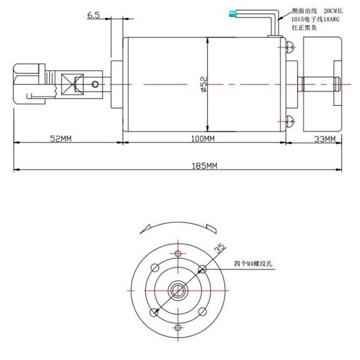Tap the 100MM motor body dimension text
203,139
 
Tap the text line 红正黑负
304,28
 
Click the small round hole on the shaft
95,84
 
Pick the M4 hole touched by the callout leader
202,268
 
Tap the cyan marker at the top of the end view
178,253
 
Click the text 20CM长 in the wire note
334,11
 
